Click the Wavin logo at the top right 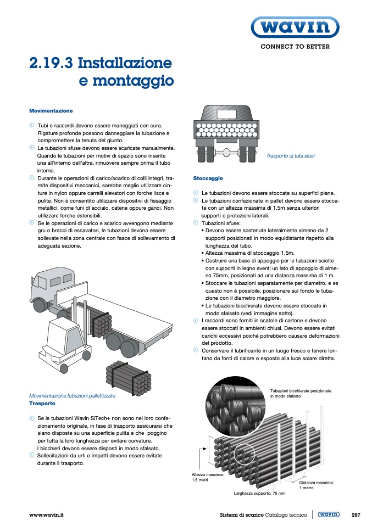point(295,27)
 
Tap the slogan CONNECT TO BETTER point(295,47)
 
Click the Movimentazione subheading point(51,110)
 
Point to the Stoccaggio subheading point(208,178)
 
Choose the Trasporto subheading point(42,403)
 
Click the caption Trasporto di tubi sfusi point(290,156)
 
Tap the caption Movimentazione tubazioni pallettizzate point(71,395)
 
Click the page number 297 point(356,515)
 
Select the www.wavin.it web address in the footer point(47,515)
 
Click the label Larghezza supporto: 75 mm point(259,494)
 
